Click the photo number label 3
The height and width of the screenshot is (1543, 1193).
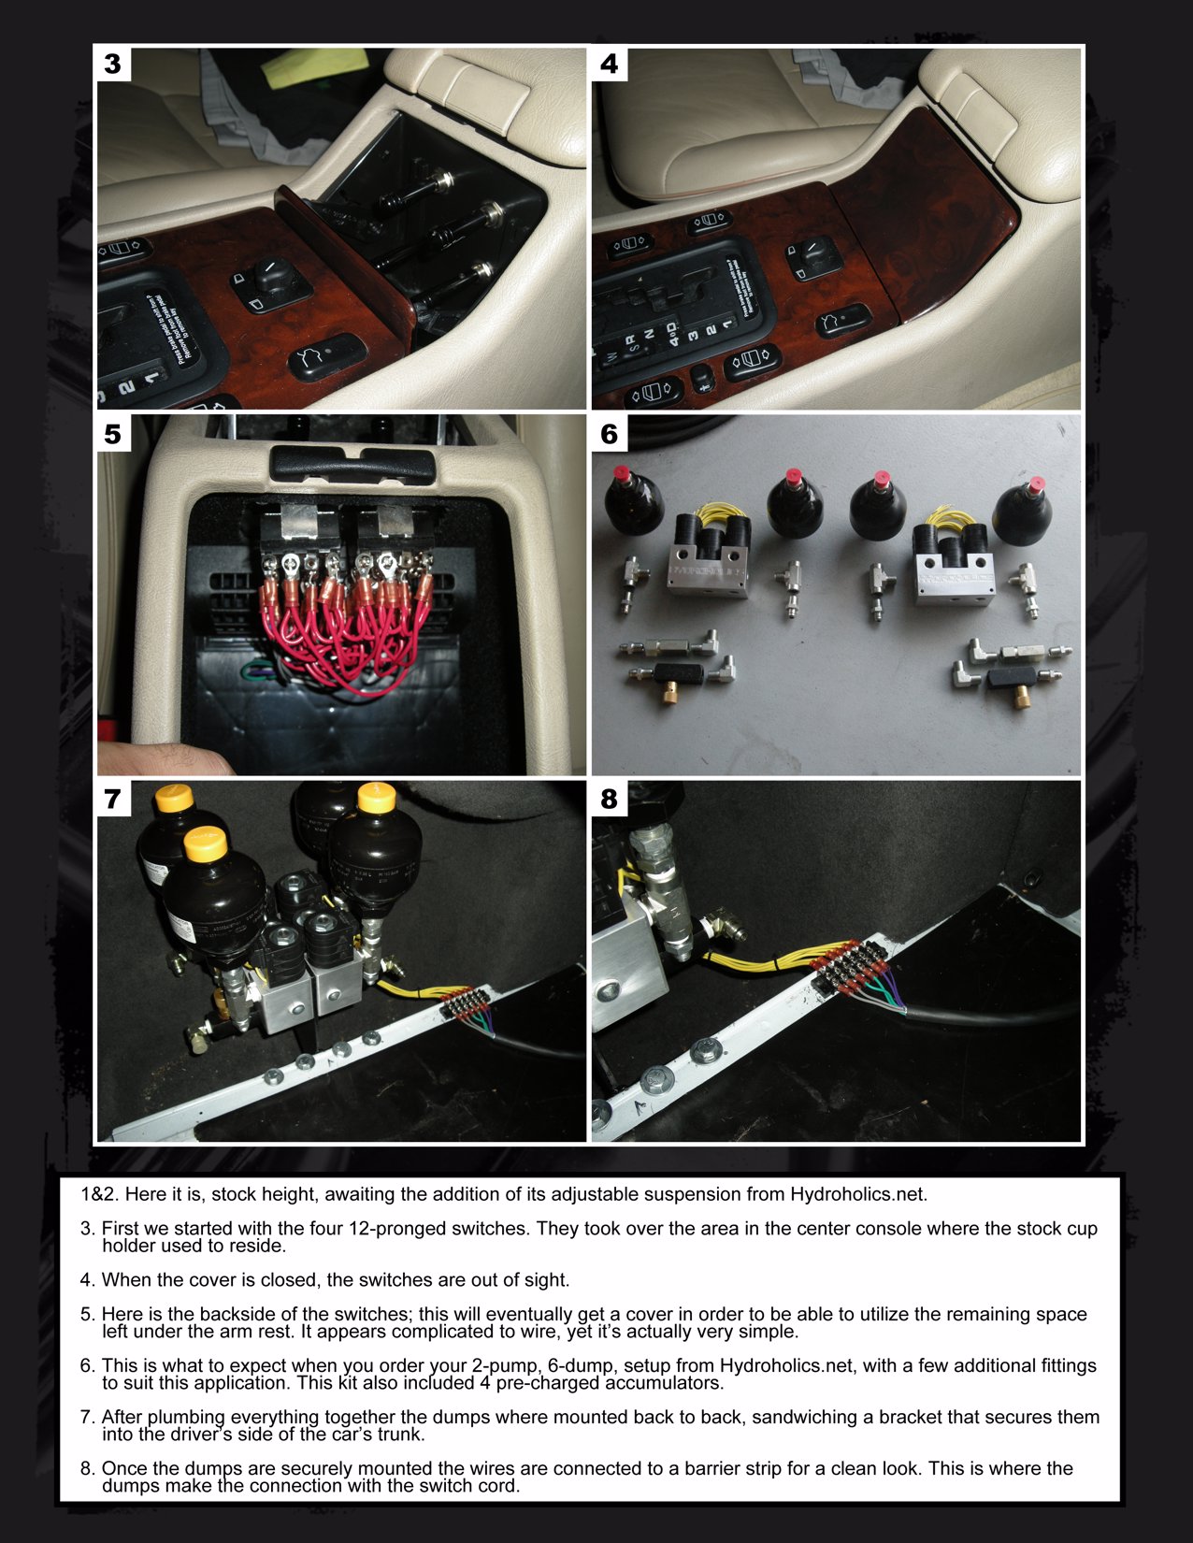113,64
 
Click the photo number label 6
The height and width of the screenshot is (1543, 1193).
610,434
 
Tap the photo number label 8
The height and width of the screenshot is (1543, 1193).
610,799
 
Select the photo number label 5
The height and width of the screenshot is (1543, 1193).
113,434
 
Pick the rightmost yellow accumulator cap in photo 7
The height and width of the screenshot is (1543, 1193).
377,798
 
